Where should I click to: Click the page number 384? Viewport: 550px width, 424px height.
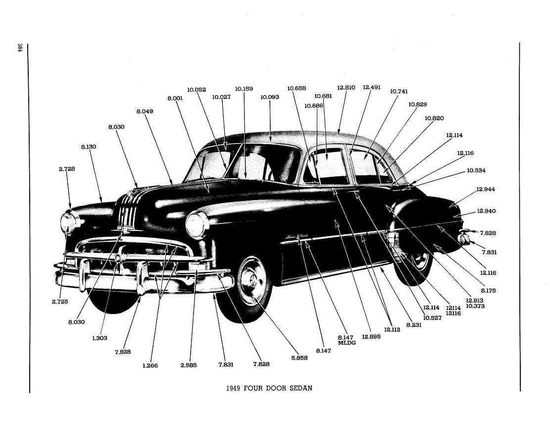20,48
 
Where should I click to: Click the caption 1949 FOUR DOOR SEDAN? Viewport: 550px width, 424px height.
269,388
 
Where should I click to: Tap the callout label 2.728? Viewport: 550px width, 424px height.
67,169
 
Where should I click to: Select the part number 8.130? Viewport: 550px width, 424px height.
89,147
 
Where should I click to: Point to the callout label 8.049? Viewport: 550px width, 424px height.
145,111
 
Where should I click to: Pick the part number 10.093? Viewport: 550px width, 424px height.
269,97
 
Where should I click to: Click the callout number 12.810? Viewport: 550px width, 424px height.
346,87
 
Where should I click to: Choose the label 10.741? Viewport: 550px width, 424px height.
399,91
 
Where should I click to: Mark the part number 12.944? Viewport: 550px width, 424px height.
485,189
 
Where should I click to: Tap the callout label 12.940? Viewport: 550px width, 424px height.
486,211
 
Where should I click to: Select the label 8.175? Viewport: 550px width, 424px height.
488,291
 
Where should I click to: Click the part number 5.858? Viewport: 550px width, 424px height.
299,358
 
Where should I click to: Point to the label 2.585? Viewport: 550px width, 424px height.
188,365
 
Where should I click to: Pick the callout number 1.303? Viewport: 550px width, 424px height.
100,338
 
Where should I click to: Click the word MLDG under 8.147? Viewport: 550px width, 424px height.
347,343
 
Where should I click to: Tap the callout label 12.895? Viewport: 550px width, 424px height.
371,336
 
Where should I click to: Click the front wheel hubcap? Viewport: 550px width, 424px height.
251,280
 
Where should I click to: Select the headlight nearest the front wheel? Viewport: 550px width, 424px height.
197,225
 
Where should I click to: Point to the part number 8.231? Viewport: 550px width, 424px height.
413,325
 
